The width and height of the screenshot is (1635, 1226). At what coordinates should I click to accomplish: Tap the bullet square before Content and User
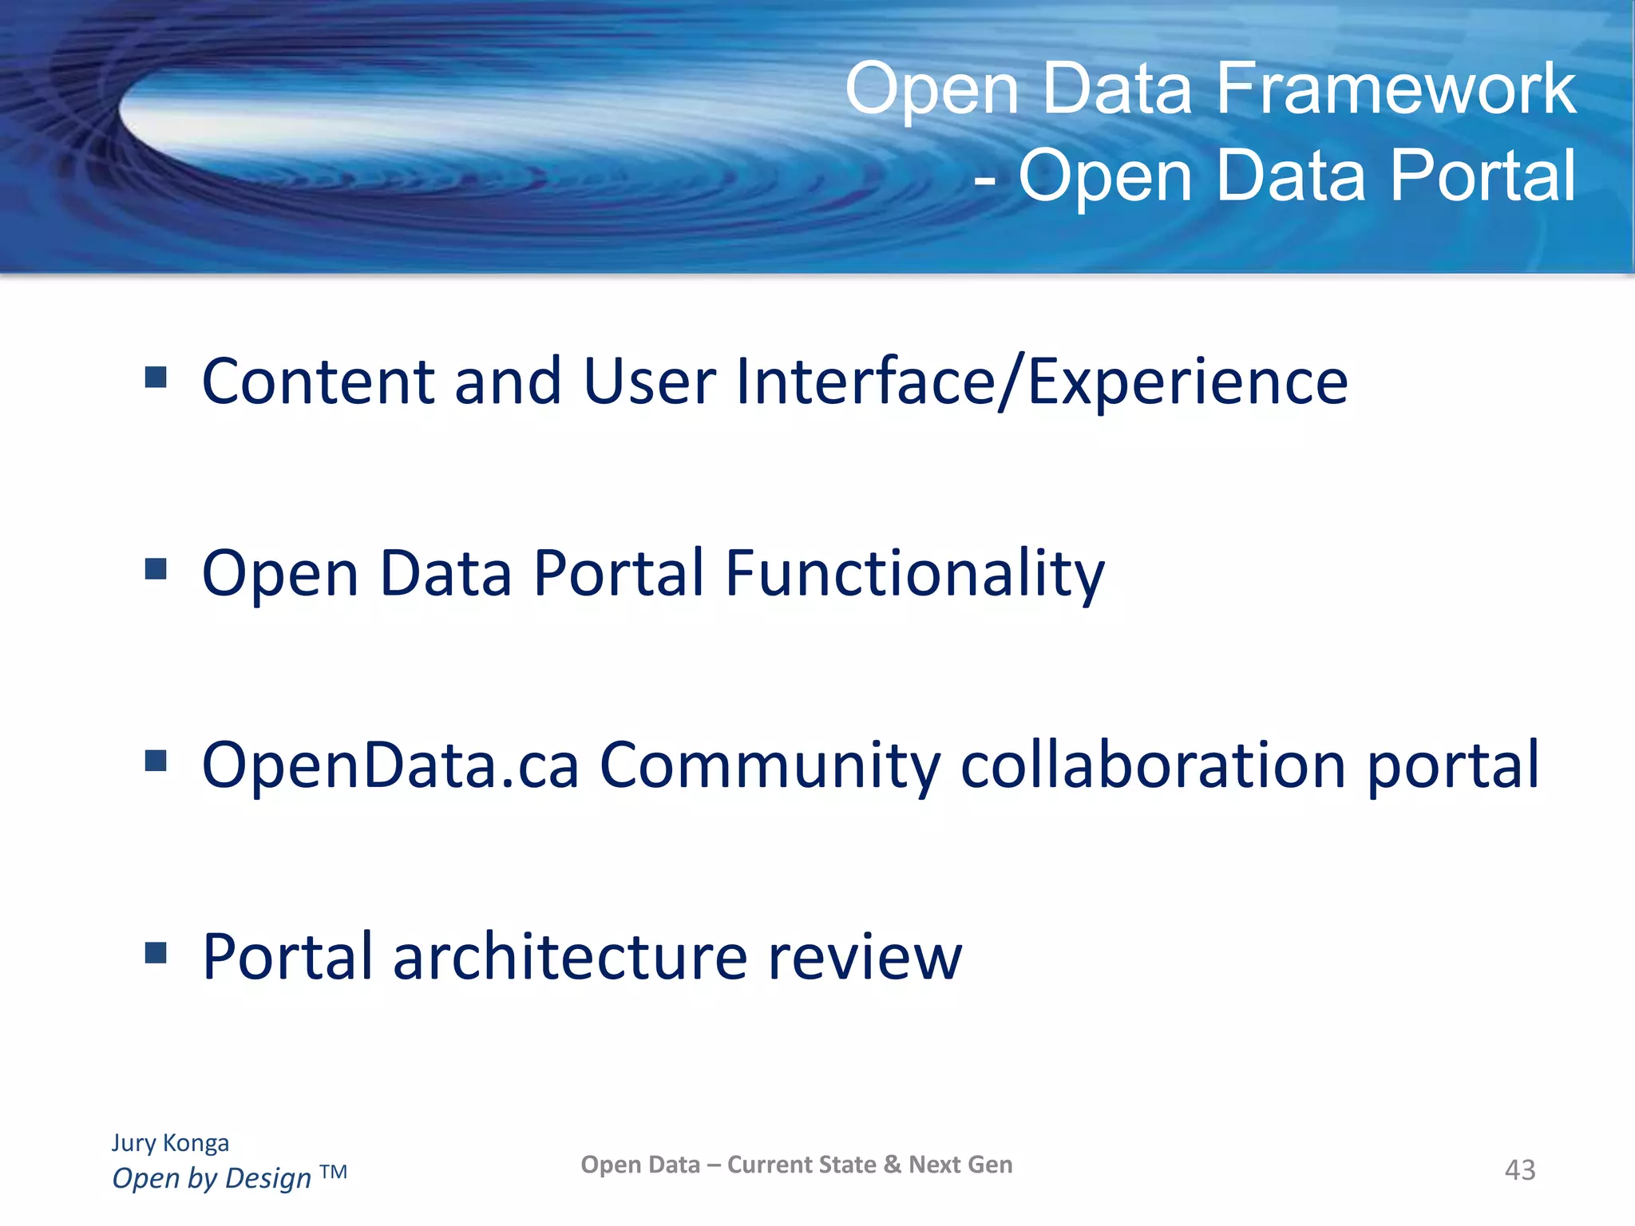[156, 377]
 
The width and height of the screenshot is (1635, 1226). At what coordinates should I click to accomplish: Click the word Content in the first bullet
[318, 382]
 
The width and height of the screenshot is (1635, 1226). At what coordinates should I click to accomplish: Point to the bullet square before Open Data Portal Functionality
[156, 569]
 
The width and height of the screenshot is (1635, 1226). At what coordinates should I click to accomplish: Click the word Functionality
[914, 574]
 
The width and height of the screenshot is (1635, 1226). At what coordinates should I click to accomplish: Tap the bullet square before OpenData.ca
[156, 761]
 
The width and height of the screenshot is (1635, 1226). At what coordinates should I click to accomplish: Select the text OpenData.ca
[390, 765]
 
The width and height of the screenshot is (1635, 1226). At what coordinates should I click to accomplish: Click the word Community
[770, 765]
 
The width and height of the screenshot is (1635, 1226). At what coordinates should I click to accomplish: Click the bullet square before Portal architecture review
[156, 952]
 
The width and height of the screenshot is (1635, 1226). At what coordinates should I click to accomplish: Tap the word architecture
[570, 957]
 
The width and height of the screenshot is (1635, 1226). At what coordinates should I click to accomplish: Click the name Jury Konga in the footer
[170, 1143]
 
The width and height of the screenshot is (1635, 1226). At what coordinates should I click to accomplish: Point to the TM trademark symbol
[334, 1172]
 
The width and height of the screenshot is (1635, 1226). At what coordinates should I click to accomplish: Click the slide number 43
[1519, 1170]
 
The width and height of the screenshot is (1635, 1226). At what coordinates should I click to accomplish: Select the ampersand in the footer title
[892, 1165]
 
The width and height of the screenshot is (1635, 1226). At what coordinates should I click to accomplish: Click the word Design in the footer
[268, 1179]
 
